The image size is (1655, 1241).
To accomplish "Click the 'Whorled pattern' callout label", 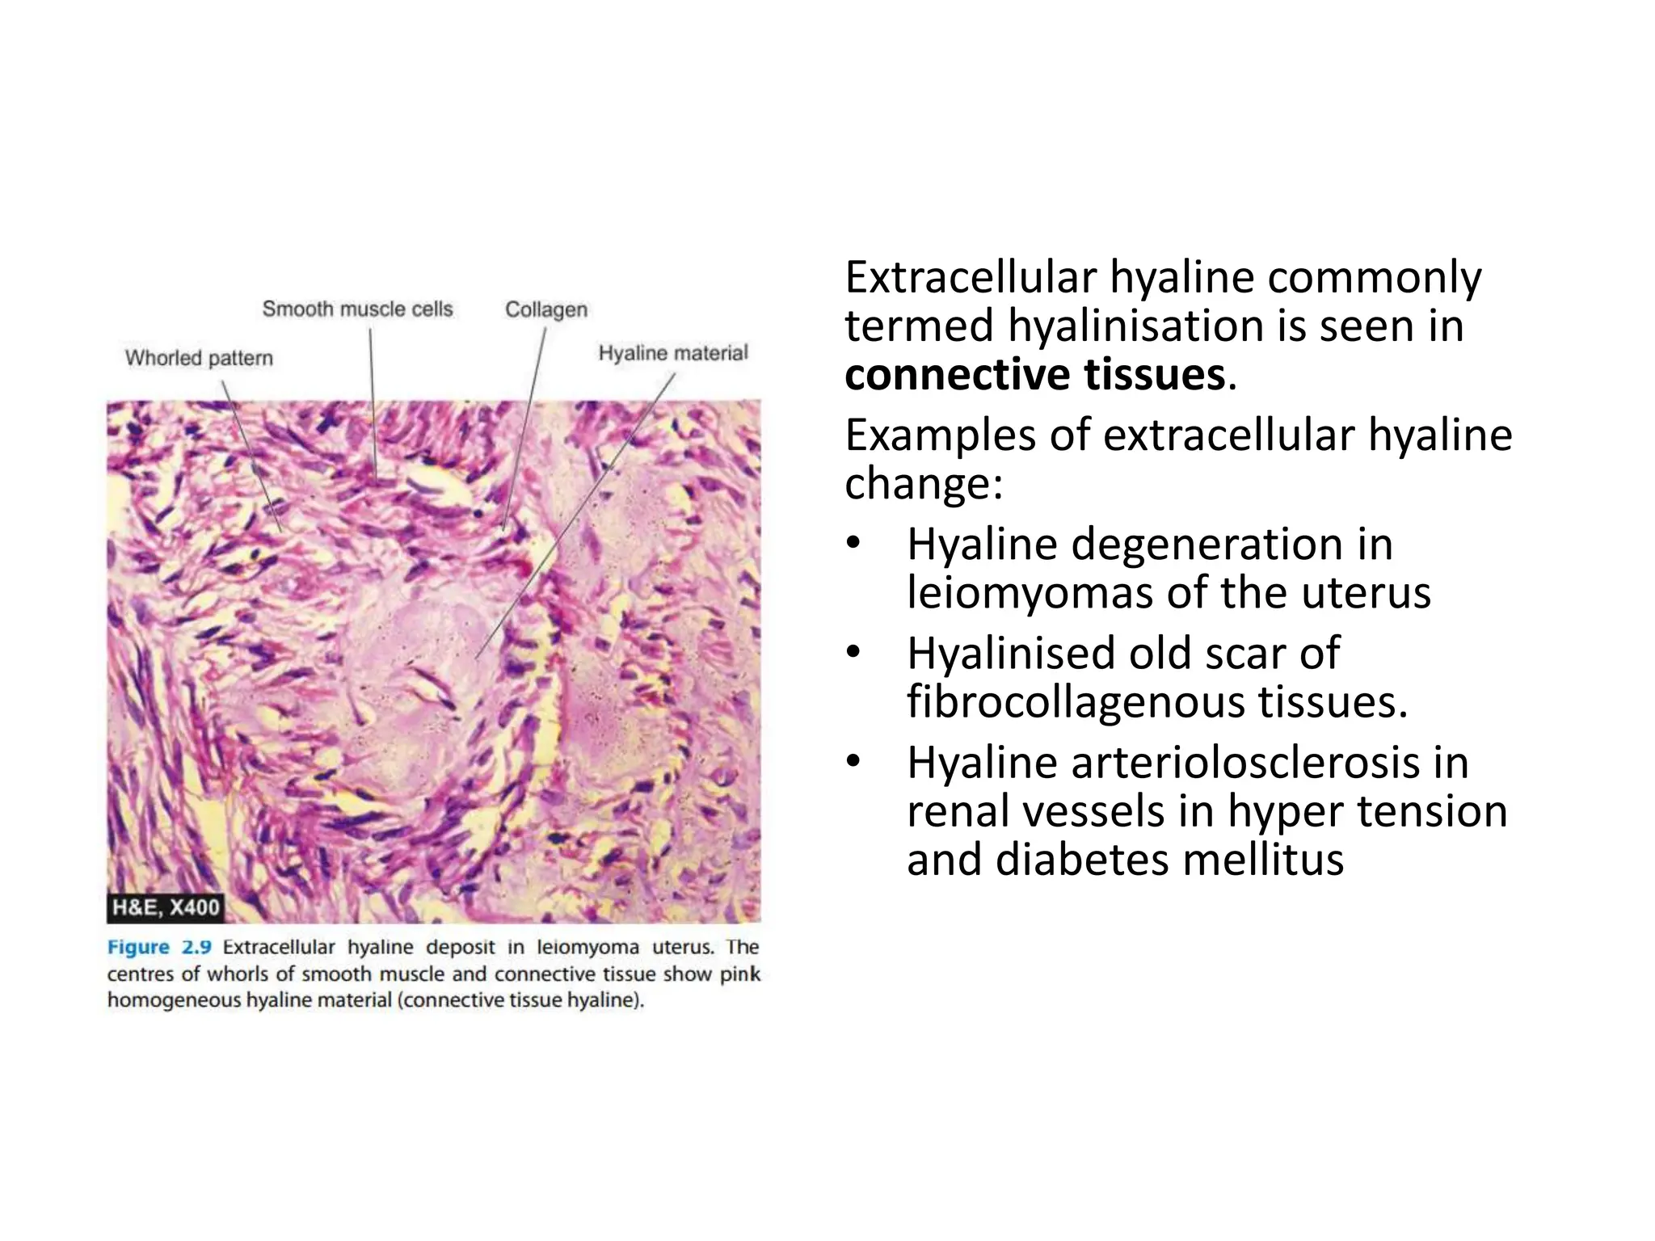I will (199, 358).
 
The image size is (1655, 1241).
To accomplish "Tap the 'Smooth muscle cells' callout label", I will (357, 309).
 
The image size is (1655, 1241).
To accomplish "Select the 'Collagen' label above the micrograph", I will (545, 309).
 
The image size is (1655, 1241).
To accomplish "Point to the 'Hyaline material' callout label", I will (673, 353).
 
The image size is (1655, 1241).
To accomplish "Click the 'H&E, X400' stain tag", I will (166, 907).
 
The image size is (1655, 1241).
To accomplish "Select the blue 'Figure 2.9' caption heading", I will (159, 947).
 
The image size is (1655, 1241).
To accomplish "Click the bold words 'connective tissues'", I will (1035, 375).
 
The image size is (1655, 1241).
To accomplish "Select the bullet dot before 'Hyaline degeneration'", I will (854, 543).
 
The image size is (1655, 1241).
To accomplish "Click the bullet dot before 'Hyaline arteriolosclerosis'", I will (854, 761).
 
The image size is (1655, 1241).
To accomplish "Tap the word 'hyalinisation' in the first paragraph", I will (1135, 326).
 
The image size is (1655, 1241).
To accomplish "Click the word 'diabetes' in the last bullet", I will (1083, 860).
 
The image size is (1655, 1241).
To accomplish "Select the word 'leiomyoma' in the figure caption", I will (587, 947).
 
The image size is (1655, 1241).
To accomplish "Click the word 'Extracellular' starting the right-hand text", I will (970, 277).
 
